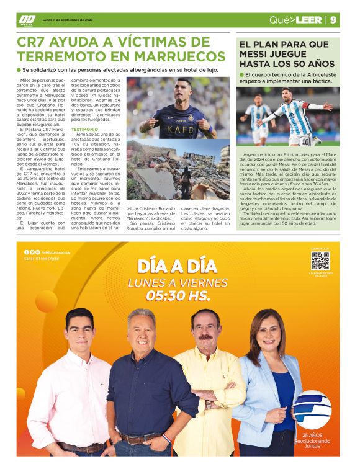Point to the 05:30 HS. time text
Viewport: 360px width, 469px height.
coord(179,296)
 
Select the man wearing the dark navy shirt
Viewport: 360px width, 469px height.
coord(143,385)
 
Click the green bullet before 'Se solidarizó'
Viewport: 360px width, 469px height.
coord(19,70)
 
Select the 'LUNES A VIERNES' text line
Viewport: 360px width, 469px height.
coord(178,283)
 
